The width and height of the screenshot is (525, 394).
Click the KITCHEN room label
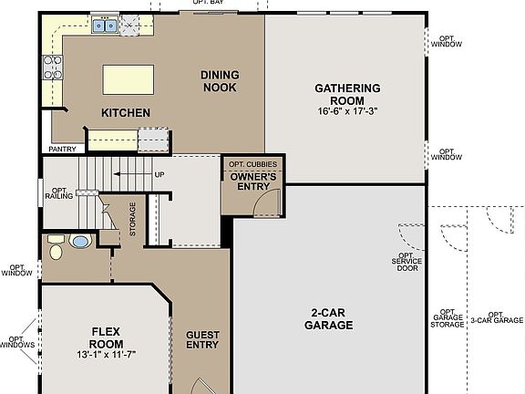tap(126, 113)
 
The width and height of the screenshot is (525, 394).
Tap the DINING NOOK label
tap(219, 82)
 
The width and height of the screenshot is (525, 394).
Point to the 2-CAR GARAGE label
tap(329, 318)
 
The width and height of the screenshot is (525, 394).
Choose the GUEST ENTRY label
tap(202, 339)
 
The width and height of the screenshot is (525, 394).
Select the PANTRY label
tap(61, 148)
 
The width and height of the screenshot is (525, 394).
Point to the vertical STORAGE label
tap(133, 219)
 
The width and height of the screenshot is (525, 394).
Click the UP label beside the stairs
tap(160, 174)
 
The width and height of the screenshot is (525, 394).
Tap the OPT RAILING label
tap(59, 191)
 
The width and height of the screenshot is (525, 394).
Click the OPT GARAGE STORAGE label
tap(448, 317)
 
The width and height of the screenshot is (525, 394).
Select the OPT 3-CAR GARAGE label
tap(497, 317)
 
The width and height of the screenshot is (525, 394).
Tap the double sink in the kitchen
tap(103, 26)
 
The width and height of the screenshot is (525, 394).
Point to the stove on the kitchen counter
tap(52, 67)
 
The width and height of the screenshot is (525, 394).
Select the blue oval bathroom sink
tap(81, 242)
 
